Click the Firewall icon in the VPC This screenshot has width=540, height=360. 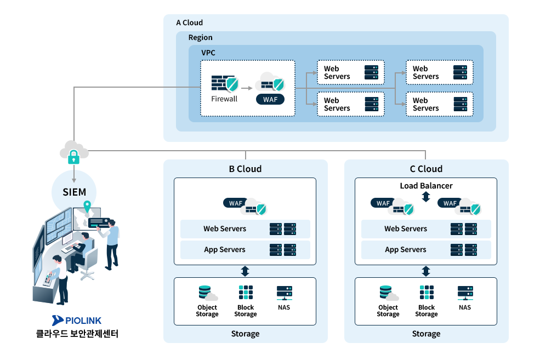click(x=224, y=84)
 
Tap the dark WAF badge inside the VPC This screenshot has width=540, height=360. click(x=270, y=100)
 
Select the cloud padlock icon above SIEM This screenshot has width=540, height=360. click(x=73, y=153)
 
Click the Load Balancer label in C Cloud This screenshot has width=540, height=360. click(x=426, y=186)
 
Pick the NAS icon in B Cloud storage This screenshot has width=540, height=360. click(x=284, y=292)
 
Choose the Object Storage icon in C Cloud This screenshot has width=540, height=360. click(x=387, y=292)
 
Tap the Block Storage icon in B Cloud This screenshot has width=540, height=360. click(x=246, y=292)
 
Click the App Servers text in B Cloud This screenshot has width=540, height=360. click(x=224, y=249)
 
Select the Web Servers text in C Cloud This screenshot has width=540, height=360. click(x=405, y=228)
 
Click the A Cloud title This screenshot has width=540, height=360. click(x=189, y=23)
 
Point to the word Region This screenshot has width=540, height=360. click(x=200, y=38)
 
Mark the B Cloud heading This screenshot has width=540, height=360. click(x=245, y=169)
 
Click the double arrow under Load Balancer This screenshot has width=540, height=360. click(x=426, y=197)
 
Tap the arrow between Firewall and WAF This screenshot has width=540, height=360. click(x=247, y=87)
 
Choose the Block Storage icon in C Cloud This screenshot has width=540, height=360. click(x=427, y=292)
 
